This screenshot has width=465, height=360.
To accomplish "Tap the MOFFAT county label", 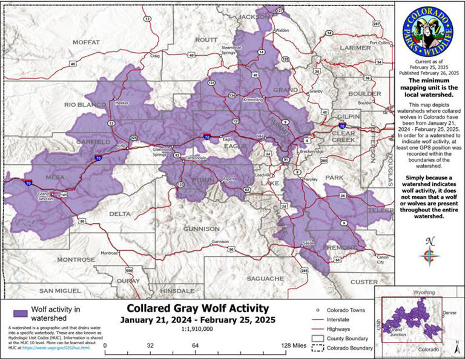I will pyautogui.click(x=85, y=42).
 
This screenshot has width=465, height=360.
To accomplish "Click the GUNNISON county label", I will pyautogui.click(x=202, y=228).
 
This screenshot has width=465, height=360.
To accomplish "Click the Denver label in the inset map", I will pyautogui.click(x=448, y=313).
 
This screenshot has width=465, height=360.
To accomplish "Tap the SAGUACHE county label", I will pyautogui.click(x=265, y=278).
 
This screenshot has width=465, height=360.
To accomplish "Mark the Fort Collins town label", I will pyautogui.click(x=380, y=43).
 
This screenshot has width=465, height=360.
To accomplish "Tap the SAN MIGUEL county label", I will pyautogui.click(x=60, y=290).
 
